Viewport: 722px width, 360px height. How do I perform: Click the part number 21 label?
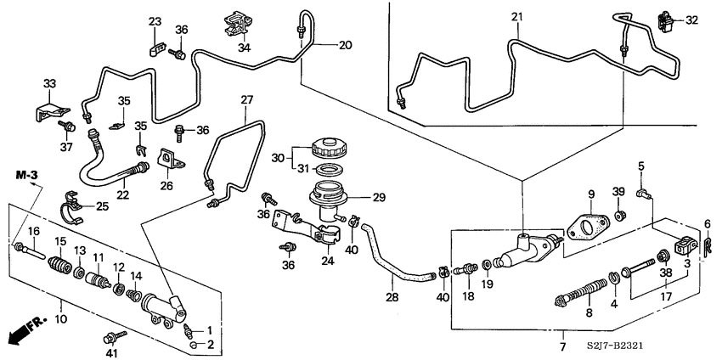coord(516,16)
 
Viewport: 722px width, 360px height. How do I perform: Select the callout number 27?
coord(246,100)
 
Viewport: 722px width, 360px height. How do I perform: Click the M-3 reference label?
coord(27,175)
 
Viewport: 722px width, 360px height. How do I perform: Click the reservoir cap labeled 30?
coord(327,146)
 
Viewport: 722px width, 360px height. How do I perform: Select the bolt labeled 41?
coord(116,337)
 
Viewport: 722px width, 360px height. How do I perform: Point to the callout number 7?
coord(562,348)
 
